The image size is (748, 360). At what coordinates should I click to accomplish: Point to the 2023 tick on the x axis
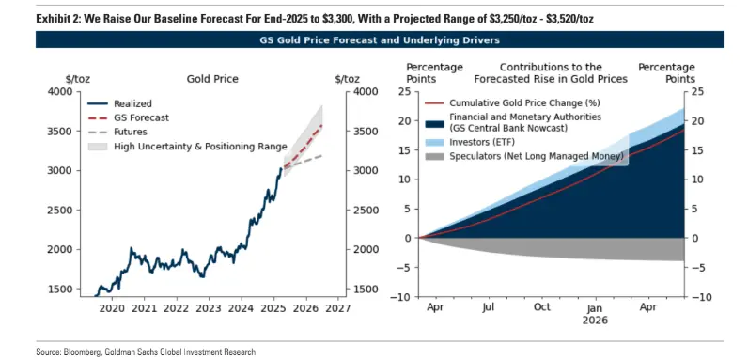coord(209,307)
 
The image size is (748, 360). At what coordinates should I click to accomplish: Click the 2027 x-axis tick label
coord(339,307)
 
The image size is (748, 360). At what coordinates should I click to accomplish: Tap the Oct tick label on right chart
coord(541,307)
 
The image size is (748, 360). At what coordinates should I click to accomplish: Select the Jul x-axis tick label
coord(489,307)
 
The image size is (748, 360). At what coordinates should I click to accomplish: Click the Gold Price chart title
coord(210,81)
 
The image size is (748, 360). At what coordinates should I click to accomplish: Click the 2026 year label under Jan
coord(595,320)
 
